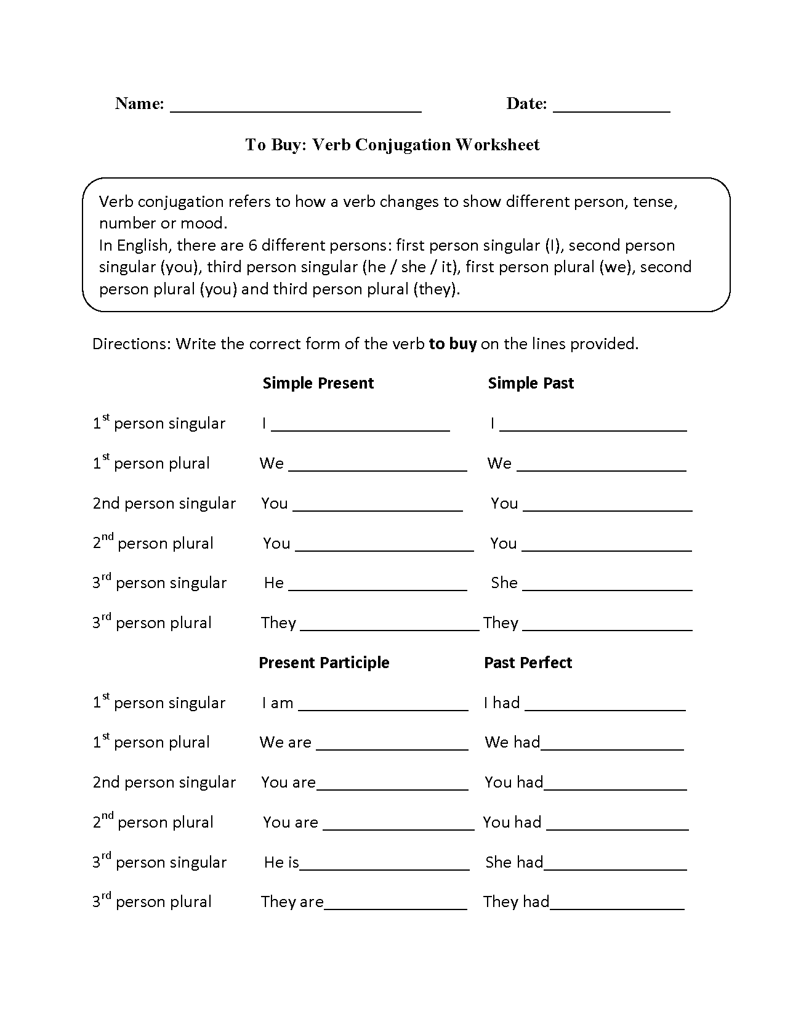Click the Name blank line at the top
(296, 110)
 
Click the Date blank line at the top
(611, 110)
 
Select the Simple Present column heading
(318, 383)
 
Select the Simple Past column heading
(531, 383)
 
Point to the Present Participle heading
(324, 663)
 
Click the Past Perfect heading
(528, 663)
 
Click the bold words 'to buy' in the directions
(453, 344)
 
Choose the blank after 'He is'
(384, 868)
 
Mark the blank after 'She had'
(615, 868)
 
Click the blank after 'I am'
(383, 708)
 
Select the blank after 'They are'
(395, 907)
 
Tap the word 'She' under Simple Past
(504, 583)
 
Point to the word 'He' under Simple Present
(274, 583)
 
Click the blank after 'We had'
(612, 748)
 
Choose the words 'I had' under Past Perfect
(502, 703)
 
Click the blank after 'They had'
(617, 907)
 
